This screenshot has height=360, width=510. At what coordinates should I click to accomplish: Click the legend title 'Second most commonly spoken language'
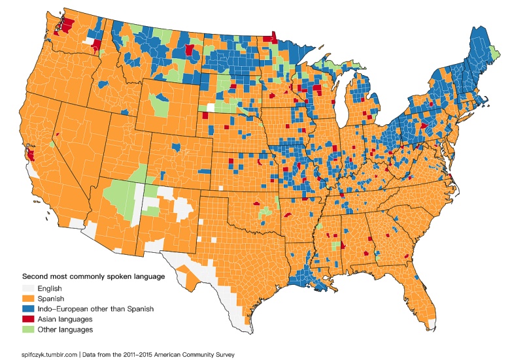coord(94,276)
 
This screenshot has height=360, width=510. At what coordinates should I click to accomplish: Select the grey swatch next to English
coord(30,288)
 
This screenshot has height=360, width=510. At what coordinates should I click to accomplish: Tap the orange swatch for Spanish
coord(30,299)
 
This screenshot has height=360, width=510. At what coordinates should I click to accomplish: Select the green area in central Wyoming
coord(159,105)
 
